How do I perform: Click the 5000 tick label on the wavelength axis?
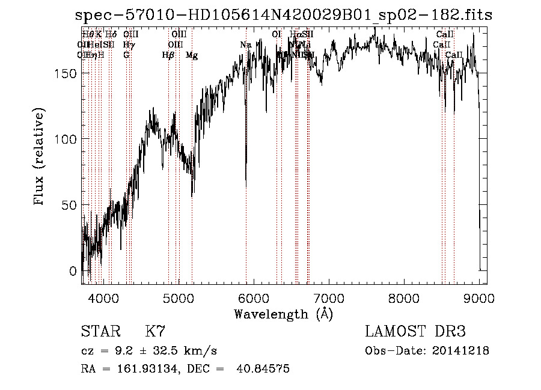(179, 297)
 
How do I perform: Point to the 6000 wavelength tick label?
(254, 297)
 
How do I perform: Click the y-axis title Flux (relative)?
(40, 157)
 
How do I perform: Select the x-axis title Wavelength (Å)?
(283, 314)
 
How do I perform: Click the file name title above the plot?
(283, 14)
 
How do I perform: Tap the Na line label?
(245, 45)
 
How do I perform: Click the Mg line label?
(192, 55)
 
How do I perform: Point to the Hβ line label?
(168, 55)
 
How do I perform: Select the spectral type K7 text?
(155, 332)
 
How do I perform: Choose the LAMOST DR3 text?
(415, 332)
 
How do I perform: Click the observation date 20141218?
(460, 351)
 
